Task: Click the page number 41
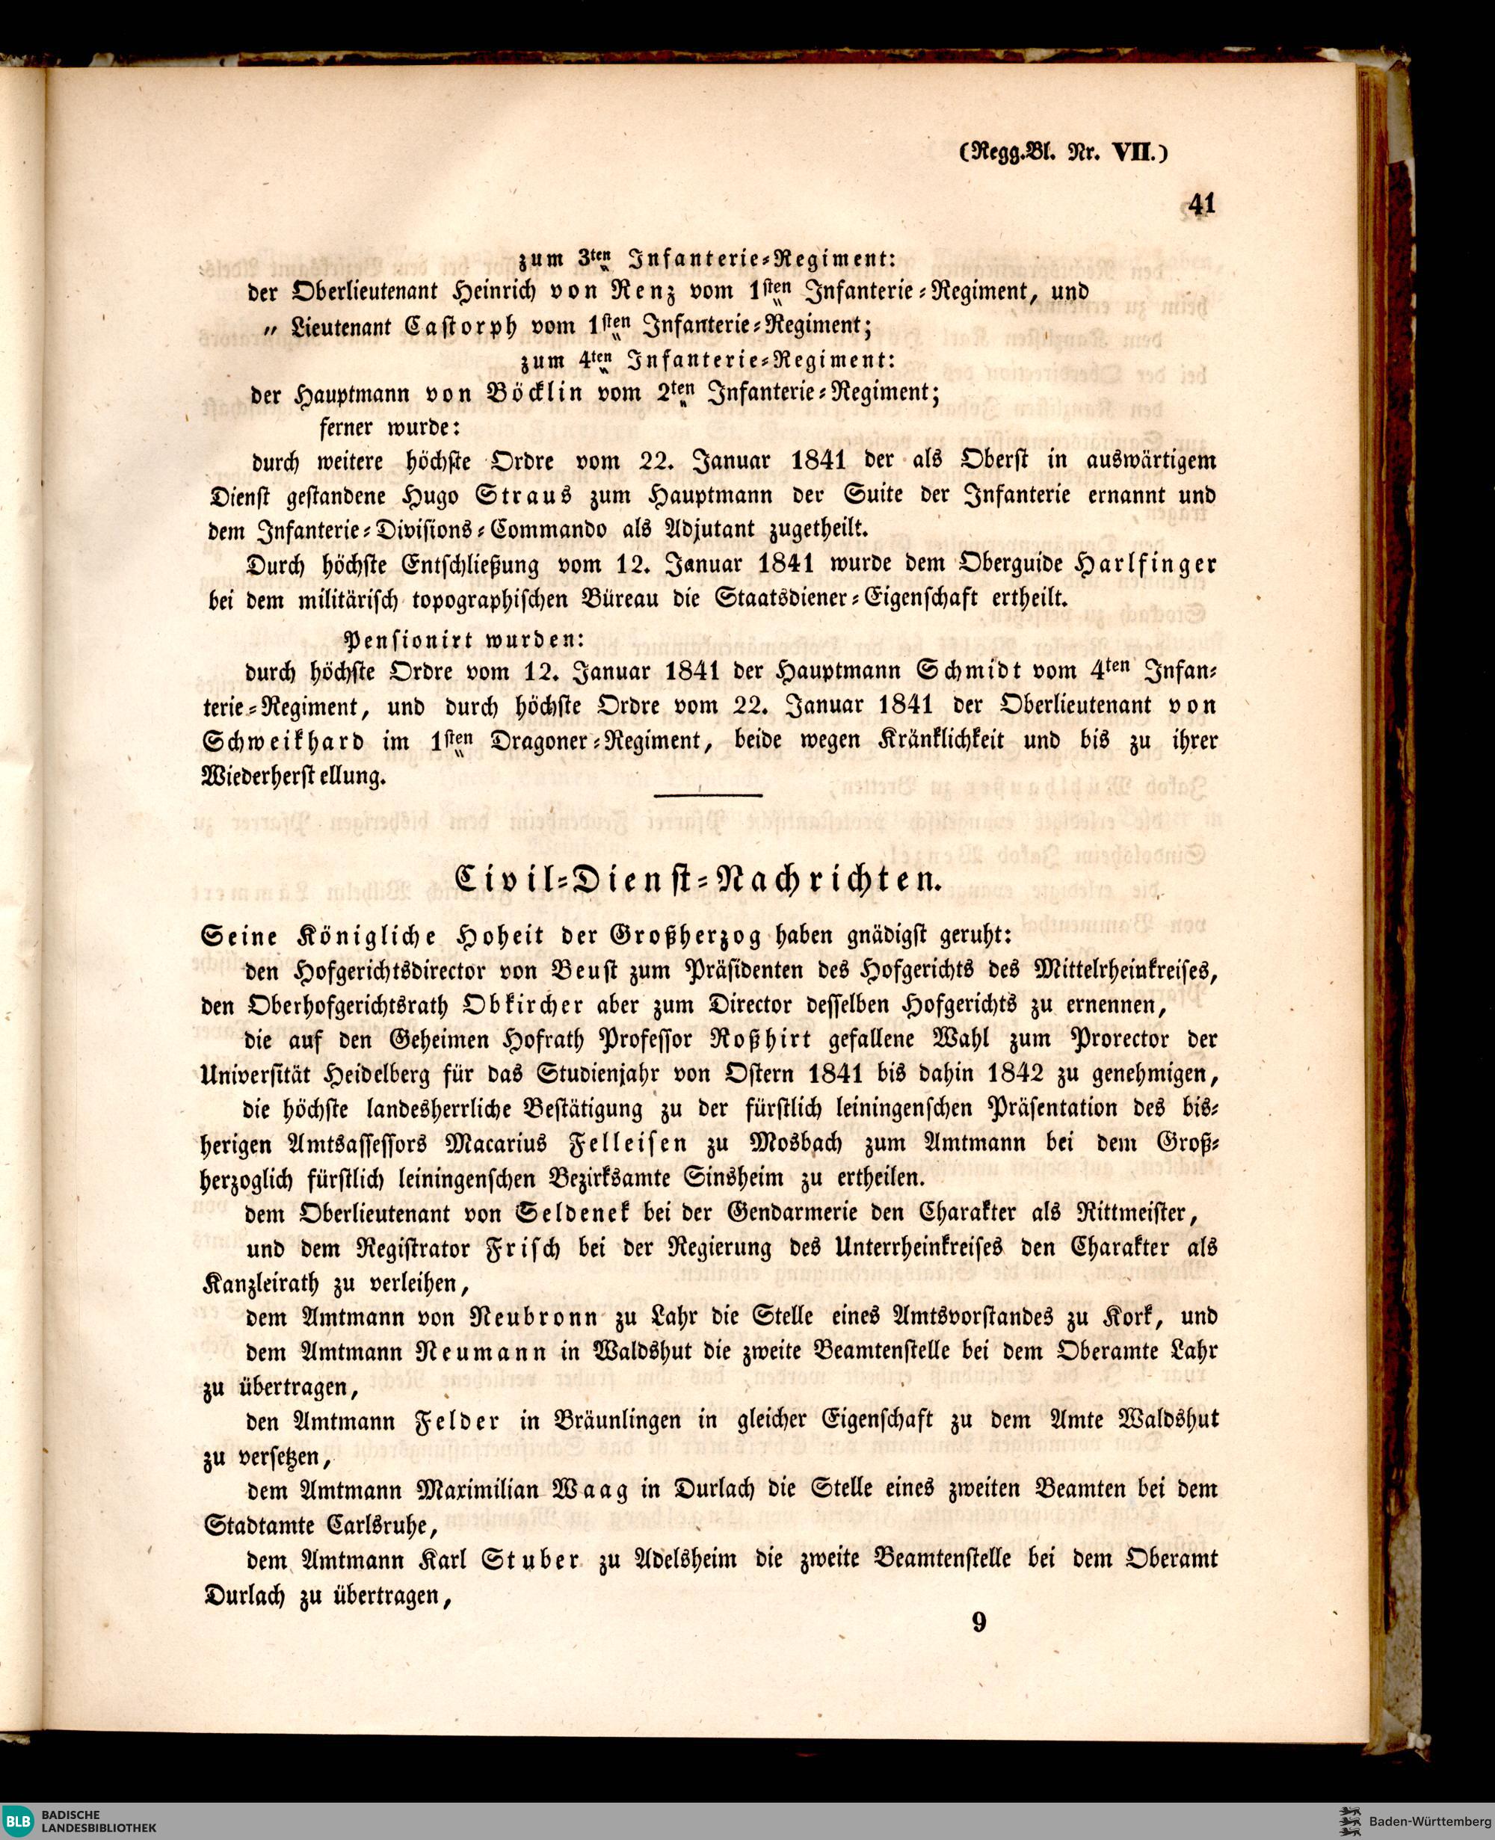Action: [1200, 205]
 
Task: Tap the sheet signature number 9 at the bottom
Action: [978, 1623]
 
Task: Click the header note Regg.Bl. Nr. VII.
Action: [1064, 152]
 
